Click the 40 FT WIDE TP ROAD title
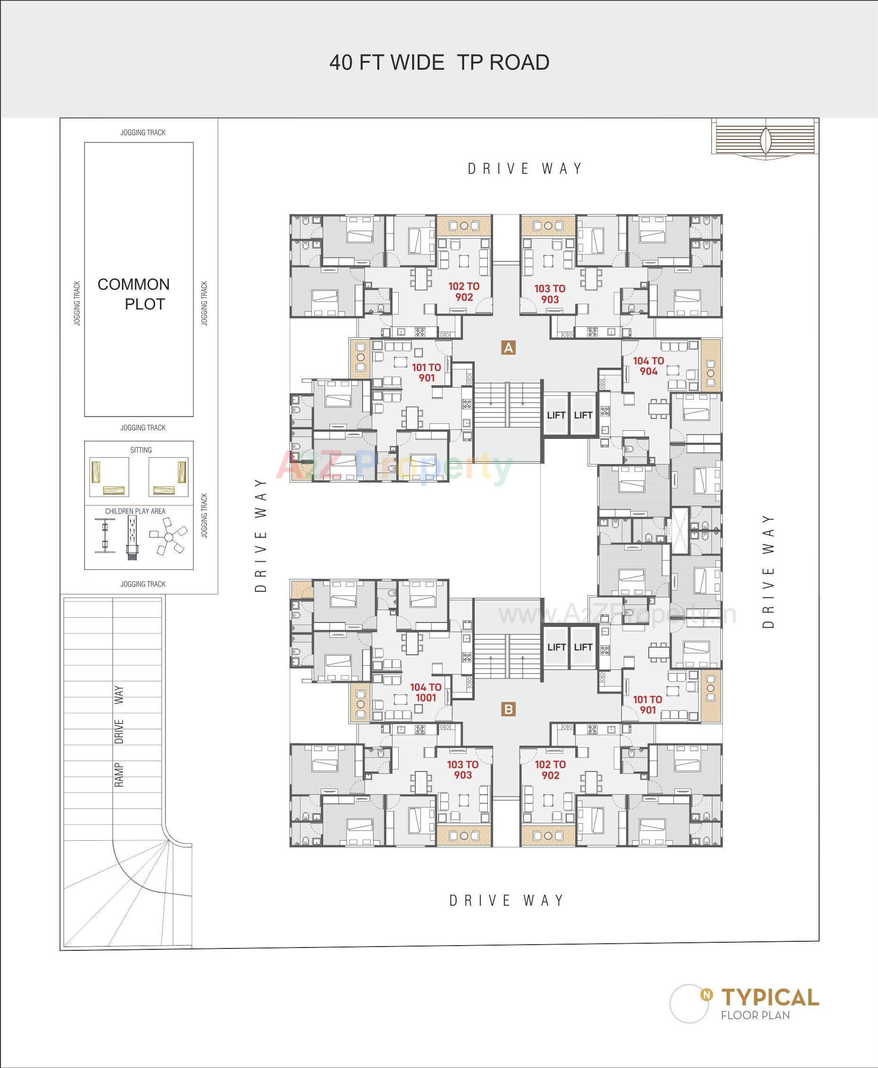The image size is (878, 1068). [x=439, y=63]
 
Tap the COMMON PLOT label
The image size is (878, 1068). [x=134, y=294]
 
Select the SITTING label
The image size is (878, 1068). [x=140, y=450]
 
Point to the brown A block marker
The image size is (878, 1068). [x=508, y=347]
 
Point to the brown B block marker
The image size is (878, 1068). [x=508, y=709]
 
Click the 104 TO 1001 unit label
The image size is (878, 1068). [x=425, y=692]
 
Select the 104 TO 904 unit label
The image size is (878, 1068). [x=648, y=366]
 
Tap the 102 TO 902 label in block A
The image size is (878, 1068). [x=464, y=292]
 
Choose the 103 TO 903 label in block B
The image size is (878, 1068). [x=462, y=770]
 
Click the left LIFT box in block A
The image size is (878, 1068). [x=556, y=415]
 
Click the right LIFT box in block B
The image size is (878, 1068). [x=583, y=647]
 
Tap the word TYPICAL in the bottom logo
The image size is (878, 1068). [x=770, y=997]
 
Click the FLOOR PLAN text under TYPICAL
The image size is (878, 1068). [x=755, y=1015]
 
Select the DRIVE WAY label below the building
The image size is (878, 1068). [x=507, y=900]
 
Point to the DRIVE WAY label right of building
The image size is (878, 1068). [x=768, y=571]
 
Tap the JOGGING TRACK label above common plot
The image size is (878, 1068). [x=143, y=132]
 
